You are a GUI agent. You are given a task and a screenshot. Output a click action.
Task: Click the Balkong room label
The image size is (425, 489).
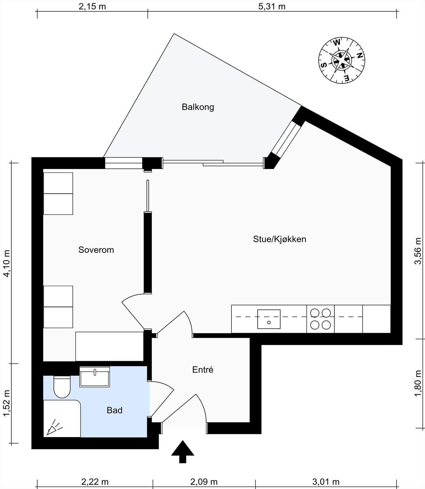pyautogui.click(x=198, y=107)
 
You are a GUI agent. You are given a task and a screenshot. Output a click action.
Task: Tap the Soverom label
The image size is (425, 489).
pyautogui.click(x=96, y=250)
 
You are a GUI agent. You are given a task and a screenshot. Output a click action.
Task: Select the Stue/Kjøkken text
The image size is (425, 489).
pyautogui.click(x=279, y=239)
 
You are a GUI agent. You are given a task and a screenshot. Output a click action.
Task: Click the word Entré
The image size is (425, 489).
pyautogui.click(x=203, y=370)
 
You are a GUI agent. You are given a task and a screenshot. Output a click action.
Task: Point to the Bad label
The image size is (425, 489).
pyautogui.click(x=114, y=410)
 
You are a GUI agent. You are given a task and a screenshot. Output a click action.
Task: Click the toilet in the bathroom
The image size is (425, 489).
pyautogui.click(x=62, y=387)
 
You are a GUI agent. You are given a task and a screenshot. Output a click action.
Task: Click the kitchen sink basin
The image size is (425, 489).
pyautogui.click(x=269, y=319)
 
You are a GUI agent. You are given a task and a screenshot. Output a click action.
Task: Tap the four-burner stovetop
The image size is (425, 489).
pyautogui.click(x=321, y=319)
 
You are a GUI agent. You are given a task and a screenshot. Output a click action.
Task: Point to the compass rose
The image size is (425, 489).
pyautogui.click(x=342, y=60)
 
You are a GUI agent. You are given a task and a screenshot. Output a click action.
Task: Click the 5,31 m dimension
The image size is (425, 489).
pyautogui.click(x=272, y=6)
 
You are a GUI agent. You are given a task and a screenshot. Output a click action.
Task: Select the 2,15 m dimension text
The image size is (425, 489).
pyautogui.click(x=92, y=6)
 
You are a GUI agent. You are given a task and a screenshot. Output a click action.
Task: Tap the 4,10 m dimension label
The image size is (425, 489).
pyautogui.click(x=7, y=263)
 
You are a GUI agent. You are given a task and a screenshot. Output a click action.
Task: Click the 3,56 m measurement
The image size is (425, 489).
pyautogui.click(x=418, y=251)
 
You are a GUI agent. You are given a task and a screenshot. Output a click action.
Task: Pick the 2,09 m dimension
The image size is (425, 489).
pyautogui.click(x=204, y=482)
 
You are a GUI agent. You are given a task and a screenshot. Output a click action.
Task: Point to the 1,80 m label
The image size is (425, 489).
pyautogui.click(x=418, y=384)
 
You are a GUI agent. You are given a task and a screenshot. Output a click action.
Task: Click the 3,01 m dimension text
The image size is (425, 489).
pyautogui.click(x=326, y=482)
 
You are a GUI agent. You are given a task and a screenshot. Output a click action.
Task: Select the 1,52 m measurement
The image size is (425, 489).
pyautogui.click(x=7, y=403)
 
